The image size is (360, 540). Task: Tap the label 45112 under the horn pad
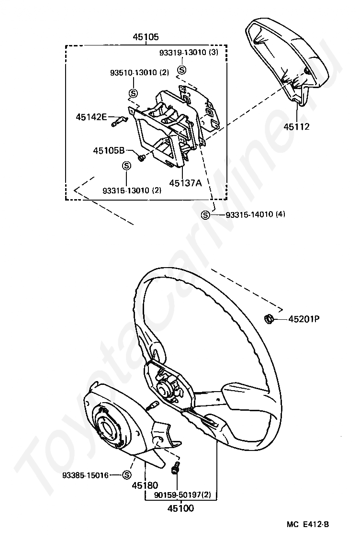pyautogui.click(x=296, y=127)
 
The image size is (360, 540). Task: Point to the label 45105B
pyautogui.click(x=109, y=150)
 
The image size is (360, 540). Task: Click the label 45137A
pyautogui.click(x=184, y=182)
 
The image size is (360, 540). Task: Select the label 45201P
pyautogui.click(x=304, y=319)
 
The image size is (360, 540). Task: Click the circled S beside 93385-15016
pyautogui.click(x=127, y=475)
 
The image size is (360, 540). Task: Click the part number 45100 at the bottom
pyautogui.click(x=180, y=508)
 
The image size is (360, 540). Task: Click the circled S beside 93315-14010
pyautogui.click(x=205, y=215)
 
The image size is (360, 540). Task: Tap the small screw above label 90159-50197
pyautogui.click(x=175, y=468)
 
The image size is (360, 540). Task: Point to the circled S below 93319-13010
pyautogui.click(x=182, y=70)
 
